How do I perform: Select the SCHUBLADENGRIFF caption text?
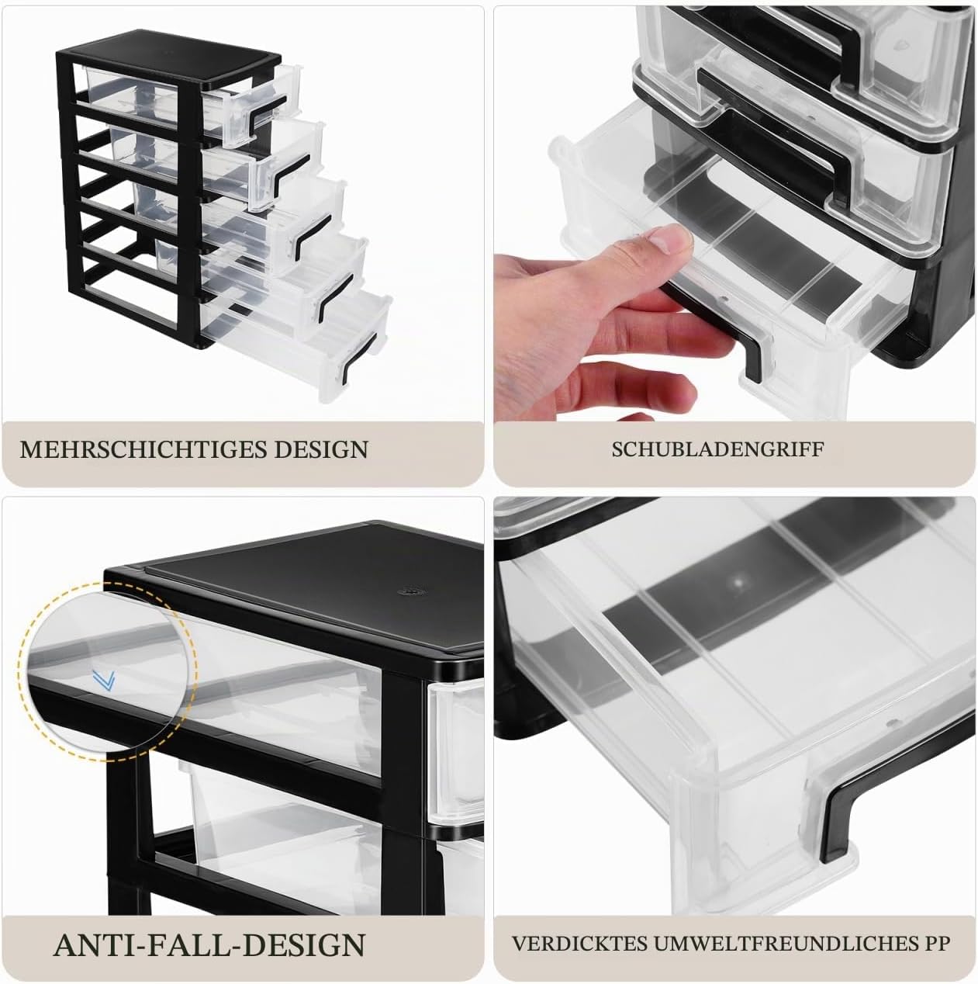[717, 449]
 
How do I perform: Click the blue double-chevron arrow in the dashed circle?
[104, 681]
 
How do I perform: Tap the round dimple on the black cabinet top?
[409, 592]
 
